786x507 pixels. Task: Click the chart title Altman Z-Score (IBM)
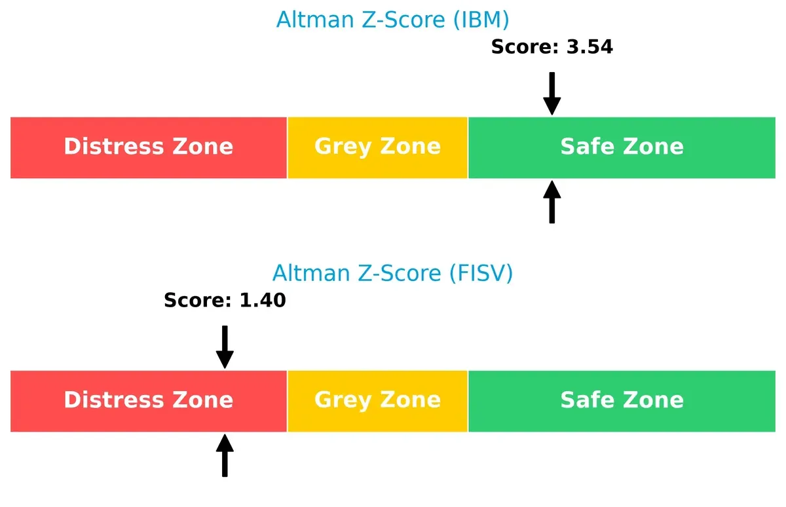(392, 20)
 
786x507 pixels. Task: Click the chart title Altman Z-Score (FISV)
(392, 272)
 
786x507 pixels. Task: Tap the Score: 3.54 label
(552, 47)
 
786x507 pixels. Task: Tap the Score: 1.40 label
(225, 301)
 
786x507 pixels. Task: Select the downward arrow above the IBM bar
(552, 93)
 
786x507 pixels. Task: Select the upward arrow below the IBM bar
(552, 202)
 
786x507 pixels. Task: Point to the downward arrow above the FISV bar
(225, 347)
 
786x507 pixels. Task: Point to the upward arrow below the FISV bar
(225, 455)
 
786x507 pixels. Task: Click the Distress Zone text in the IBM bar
(148, 147)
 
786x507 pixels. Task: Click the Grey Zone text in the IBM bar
(377, 147)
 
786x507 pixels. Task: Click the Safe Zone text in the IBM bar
(622, 147)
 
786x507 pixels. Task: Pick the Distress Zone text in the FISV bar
(148, 400)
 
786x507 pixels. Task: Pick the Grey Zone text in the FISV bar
(377, 400)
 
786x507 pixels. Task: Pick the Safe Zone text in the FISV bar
(622, 400)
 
